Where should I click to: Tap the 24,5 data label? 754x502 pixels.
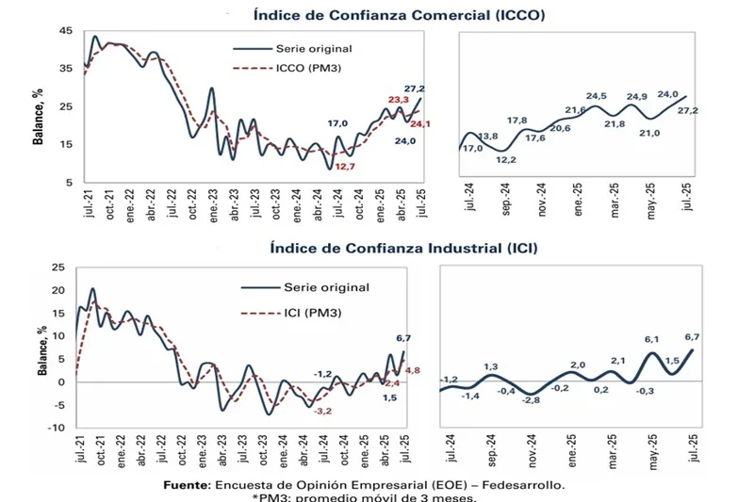(595, 95)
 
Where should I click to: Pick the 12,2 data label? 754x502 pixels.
(505, 159)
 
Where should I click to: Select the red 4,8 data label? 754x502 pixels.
(412, 369)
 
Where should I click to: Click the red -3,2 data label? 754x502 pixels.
(323, 411)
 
